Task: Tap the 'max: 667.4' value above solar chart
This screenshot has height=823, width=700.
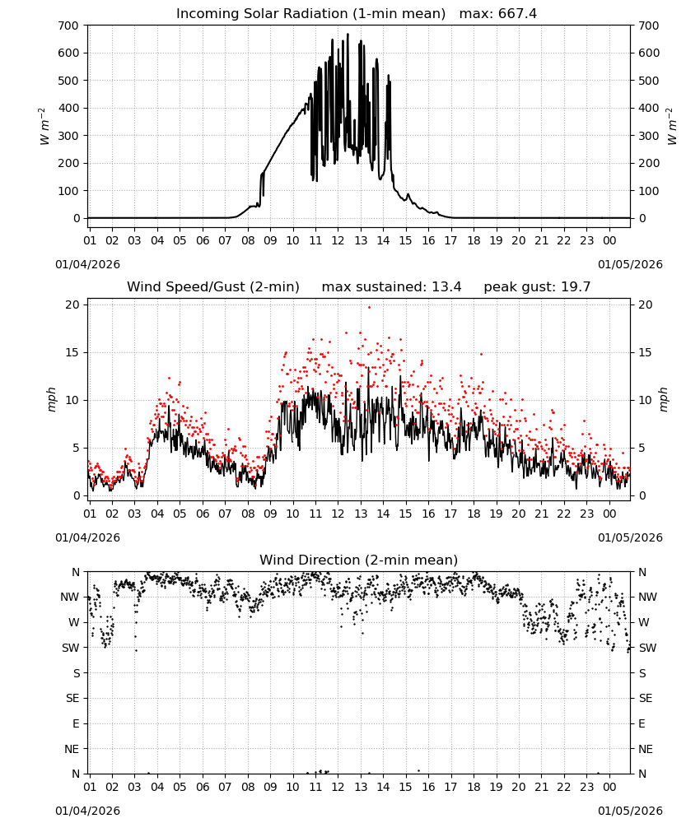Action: click(498, 14)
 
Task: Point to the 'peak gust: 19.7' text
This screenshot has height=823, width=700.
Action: click(537, 287)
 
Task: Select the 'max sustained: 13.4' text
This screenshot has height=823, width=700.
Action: click(392, 287)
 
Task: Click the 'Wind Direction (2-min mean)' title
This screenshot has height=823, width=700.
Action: click(359, 560)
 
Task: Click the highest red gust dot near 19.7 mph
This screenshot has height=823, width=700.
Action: click(369, 308)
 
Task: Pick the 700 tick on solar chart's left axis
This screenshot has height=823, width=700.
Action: click(68, 26)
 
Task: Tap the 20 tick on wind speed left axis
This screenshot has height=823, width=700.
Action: click(72, 305)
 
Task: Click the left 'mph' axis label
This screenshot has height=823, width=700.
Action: click(51, 399)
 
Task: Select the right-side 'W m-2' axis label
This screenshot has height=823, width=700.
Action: click(672, 127)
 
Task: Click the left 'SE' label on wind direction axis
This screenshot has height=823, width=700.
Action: click(72, 699)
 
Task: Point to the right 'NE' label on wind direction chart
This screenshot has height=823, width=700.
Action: click(646, 749)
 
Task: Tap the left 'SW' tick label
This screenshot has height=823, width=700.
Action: click(71, 649)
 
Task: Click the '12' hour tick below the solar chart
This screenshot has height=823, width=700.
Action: click(338, 241)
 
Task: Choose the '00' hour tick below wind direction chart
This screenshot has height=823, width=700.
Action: click(609, 787)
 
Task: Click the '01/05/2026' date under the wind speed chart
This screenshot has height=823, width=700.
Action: click(630, 537)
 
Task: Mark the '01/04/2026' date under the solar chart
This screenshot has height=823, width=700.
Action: click(87, 264)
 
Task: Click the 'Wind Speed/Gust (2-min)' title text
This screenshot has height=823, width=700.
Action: click(213, 287)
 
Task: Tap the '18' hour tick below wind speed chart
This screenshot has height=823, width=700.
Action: click(474, 514)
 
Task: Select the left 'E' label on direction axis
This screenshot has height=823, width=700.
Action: click(76, 723)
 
